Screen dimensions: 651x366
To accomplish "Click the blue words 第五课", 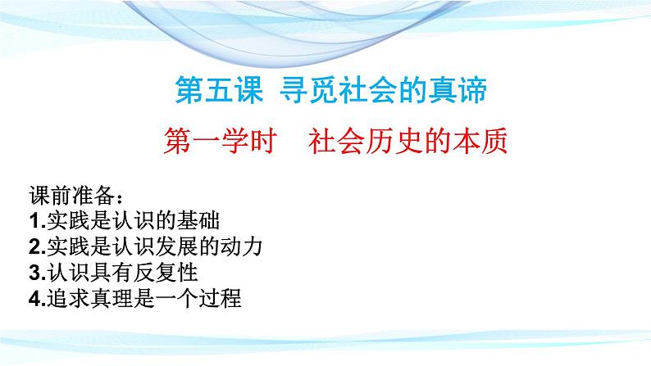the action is (x=219, y=90).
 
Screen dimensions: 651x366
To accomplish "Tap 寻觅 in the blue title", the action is (x=309, y=90).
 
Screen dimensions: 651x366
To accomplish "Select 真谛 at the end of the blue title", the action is (x=458, y=90).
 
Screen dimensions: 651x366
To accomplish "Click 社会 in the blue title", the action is (x=368, y=90).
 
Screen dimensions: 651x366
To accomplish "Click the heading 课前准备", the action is (x=72, y=195).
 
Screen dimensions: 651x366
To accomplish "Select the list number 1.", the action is (x=35, y=221).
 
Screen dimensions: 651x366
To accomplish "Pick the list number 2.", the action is (x=35, y=247).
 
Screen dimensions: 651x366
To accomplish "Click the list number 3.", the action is (x=35, y=273).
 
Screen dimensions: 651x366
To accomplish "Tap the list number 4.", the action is (x=35, y=298).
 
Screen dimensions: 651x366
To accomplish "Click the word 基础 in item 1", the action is (x=198, y=220).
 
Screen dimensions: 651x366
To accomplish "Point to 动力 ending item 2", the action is (x=241, y=246).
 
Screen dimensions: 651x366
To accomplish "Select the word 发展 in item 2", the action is (x=176, y=246).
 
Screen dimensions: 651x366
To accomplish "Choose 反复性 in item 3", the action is (x=166, y=273).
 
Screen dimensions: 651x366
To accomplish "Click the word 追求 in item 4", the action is (x=68, y=298).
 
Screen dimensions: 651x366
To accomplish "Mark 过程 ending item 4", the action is (x=220, y=298).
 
